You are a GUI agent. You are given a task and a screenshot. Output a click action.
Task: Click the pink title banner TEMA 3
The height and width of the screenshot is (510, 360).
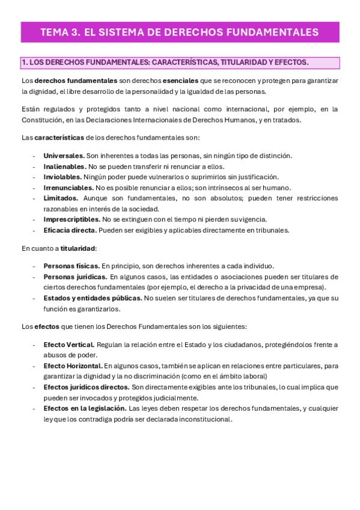pyautogui.click(x=180, y=32)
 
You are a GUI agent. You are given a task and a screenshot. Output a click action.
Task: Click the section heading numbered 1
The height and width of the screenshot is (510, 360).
pyautogui.click(x=165, y=62)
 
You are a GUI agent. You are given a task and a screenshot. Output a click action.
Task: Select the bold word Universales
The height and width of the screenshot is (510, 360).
pyautogui.click(x=64, y=156)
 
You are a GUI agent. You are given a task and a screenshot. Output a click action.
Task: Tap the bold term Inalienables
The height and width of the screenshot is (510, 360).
pyautogui.click(x=64, y=167)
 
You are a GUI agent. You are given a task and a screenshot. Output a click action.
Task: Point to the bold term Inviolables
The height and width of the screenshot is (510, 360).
pyautogui.click(x=63, y=177)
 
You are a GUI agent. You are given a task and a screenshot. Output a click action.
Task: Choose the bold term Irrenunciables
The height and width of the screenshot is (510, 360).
pyautogui.click(x=69, y=188)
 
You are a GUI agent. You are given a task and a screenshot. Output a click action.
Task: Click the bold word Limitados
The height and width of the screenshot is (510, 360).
pyautogui.click(x=61, y=198)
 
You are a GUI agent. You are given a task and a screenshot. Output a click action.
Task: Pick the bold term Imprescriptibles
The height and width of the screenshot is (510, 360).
pyautogui.click(x=72, y=220)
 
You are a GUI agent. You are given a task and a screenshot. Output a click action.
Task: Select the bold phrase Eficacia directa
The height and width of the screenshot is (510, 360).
pyautogui.click(x=70, y=230)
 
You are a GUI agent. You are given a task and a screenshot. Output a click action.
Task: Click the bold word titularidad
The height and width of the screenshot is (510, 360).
pyautogui.click(x=78, y=248)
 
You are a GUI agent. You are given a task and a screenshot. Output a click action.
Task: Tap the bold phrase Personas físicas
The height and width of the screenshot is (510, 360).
pyautogui.click(x=71, y=266)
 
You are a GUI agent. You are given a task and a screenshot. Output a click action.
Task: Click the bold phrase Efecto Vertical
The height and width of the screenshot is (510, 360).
pyautogui.click(x=69, y=345)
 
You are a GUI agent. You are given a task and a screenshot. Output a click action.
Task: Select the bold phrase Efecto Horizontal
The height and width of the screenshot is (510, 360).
pyautogui.click(x=72, y=366)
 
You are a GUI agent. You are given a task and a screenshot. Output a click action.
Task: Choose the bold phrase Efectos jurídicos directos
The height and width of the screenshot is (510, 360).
pyautogui.click(x=86, y=387)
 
